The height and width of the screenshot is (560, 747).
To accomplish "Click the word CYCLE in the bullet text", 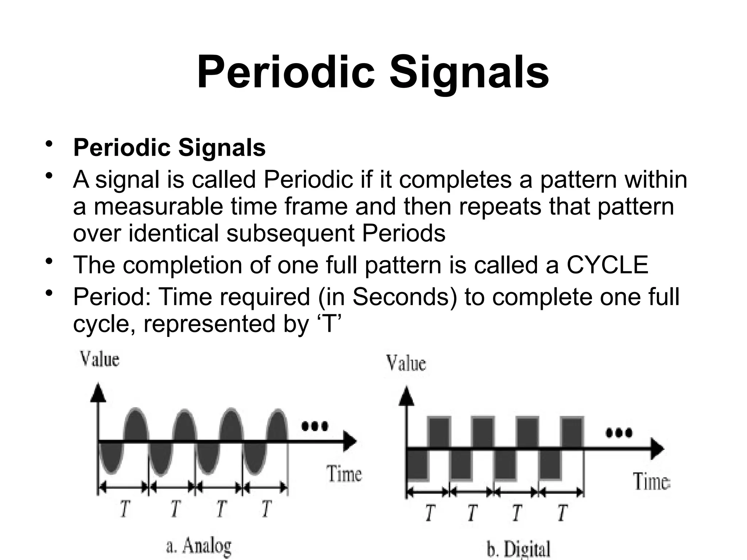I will click(607, 265).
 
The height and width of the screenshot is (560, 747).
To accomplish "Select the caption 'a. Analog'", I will click(199, 547).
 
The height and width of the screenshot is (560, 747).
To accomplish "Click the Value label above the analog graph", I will click(100, 359).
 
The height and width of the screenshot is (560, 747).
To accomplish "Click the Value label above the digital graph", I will click(406, 363).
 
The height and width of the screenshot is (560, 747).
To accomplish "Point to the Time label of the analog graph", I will click(344, 474).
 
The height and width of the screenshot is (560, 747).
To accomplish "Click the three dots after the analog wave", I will click(314, 426).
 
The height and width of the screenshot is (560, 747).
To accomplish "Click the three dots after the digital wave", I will click(619, 433).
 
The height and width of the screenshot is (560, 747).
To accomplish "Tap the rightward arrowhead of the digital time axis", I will click(657, 448).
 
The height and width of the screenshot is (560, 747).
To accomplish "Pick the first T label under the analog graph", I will click(125, 509).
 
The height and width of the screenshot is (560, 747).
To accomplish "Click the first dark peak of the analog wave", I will click(136, 425).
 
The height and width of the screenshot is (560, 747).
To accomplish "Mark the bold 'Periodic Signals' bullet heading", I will click(169, 148).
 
